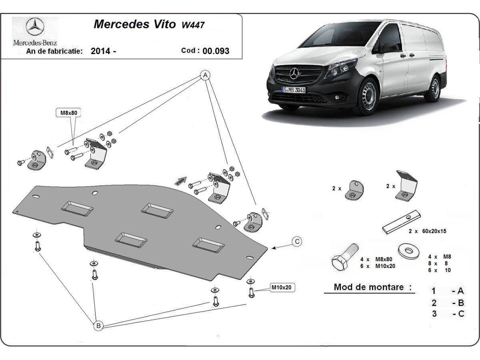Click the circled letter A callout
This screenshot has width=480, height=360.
[205, 75]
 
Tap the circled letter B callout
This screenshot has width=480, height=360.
[98, 326]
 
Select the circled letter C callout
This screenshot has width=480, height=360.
[297, 241]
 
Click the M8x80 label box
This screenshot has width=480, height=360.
[68, 113]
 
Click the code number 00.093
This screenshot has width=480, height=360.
[216, 51]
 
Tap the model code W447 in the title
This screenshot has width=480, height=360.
[194, 25]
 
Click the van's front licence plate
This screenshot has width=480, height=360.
[294, 90]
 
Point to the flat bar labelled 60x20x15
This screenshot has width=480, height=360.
[402, 223]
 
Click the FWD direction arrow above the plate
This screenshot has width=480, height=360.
[180, 180]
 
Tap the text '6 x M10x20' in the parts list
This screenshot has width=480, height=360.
[377, 266]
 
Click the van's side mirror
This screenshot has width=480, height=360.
[390, 48]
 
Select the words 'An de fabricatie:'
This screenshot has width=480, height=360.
[54, 51]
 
